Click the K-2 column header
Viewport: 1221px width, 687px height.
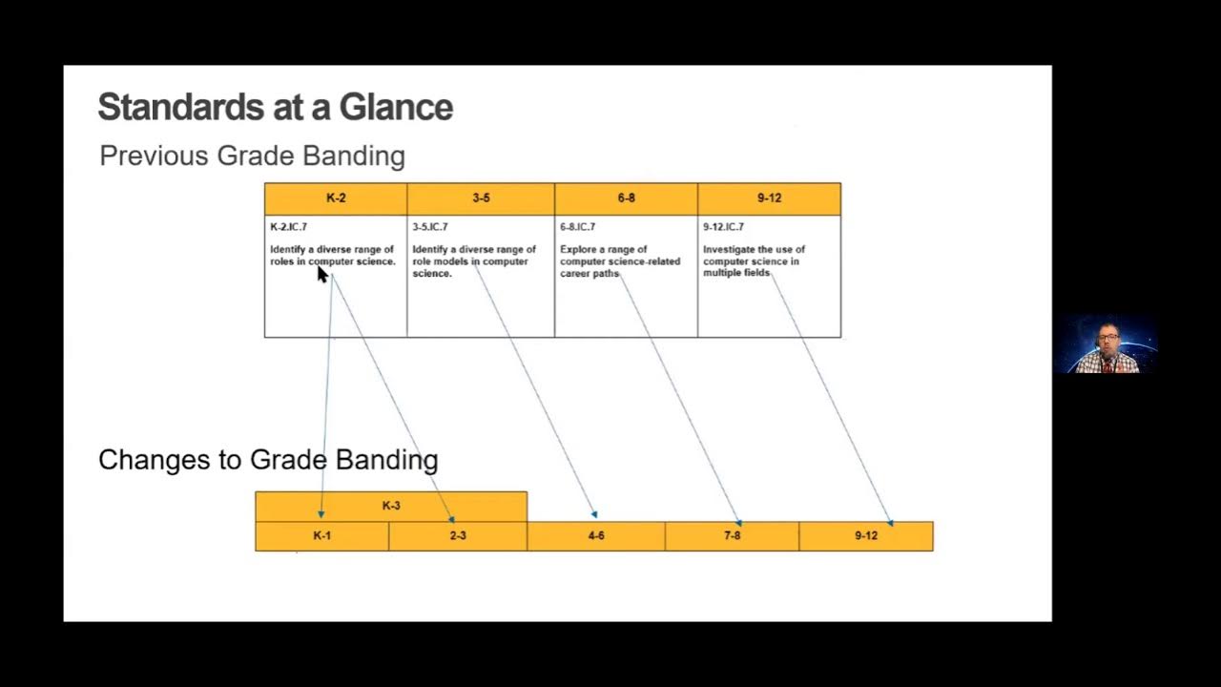336,198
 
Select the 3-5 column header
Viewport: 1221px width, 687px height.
481,198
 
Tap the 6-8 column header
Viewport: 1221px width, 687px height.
626,198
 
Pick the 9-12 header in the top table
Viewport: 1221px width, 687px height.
769,198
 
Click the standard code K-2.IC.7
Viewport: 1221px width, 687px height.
288,227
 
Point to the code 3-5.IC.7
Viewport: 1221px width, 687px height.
430,227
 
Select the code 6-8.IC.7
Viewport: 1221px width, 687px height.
577,227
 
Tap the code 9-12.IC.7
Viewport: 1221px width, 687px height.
723,227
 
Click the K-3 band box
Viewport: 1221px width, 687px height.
391,506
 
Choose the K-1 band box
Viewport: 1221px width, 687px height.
321,536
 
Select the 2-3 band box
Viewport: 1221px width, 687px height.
458,536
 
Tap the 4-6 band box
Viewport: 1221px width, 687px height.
596,536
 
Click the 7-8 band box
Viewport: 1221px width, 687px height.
732,536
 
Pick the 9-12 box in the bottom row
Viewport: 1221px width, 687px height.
866,536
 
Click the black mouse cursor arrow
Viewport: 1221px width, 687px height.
321,274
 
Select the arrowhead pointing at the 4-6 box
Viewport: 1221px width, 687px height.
594,515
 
